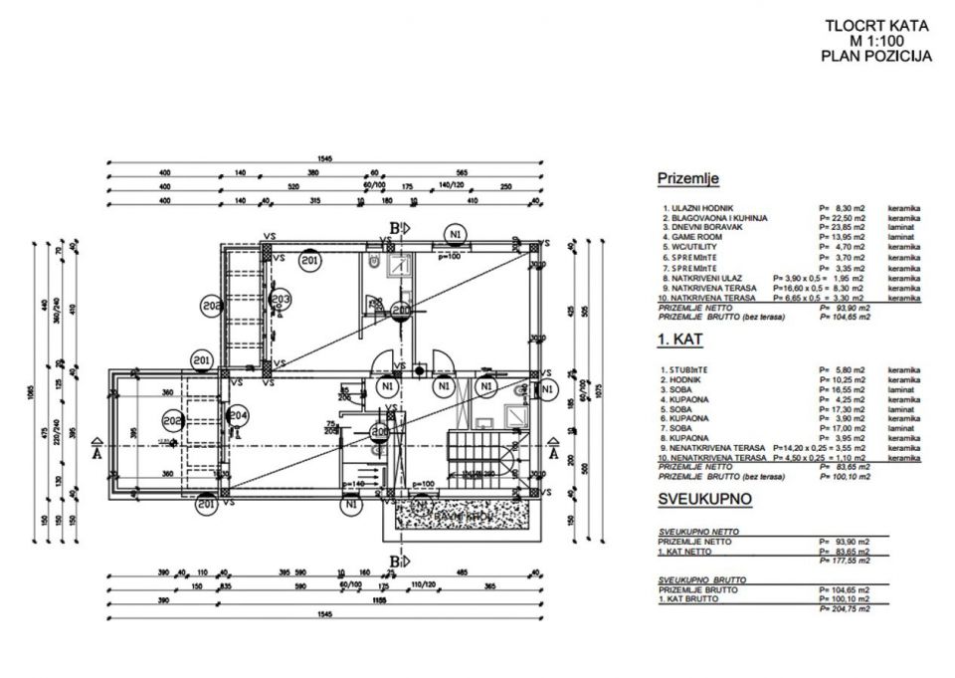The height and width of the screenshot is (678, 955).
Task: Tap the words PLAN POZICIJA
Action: coord(875,57)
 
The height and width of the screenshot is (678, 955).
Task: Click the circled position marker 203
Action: coord(280,299)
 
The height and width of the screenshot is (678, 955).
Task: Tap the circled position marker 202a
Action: coord(211,306)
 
